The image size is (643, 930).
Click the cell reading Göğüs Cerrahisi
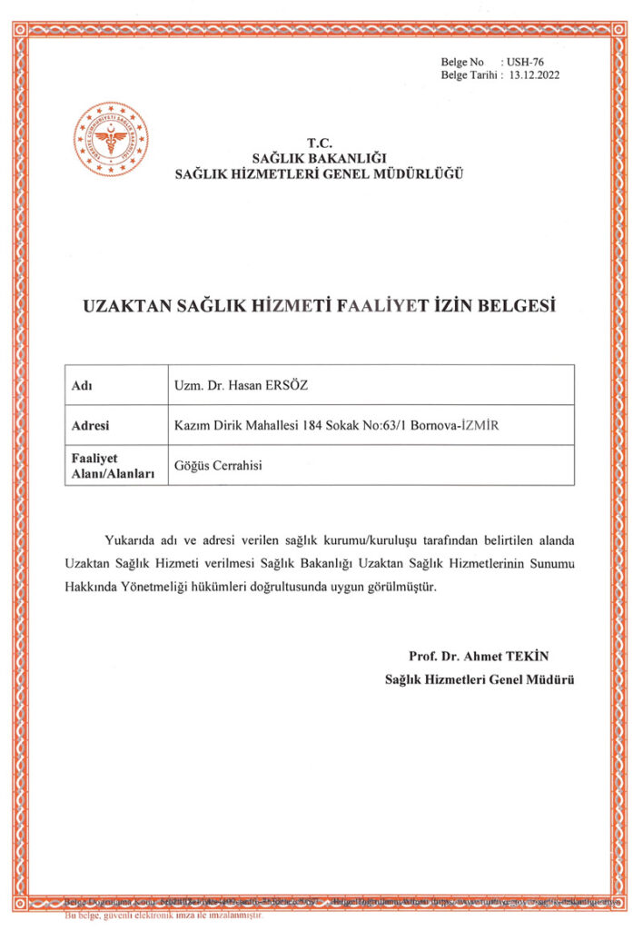click(218, 465)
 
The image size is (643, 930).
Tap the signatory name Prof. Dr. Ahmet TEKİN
click(480, 657)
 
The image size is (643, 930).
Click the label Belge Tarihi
click(470, 75)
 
